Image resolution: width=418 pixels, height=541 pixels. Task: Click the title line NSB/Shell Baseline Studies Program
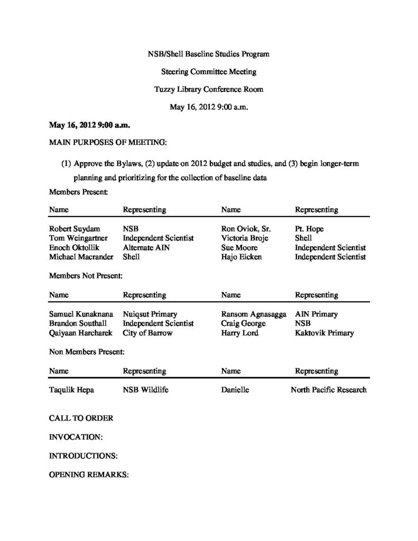click(x=209, y=54)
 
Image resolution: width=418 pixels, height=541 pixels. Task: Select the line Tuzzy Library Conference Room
click(x=209, y=89)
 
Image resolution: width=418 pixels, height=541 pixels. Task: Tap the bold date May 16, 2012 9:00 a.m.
click(x=89, y=125)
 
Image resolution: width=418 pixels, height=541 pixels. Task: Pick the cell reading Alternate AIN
click(x=146, y=247)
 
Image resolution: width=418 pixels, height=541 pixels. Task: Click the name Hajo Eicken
click(x=241, y=256)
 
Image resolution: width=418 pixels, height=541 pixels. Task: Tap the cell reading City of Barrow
click(x=147, y=333)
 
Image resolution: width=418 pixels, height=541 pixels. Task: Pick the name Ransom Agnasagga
click(x=253, y=314)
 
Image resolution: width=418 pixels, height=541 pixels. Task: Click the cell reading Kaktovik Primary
click(x=324, y=333)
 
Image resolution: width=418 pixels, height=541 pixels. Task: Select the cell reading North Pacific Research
click(x=328, y=390)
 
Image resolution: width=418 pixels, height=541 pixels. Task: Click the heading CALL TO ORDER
click(x=81, y=418)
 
